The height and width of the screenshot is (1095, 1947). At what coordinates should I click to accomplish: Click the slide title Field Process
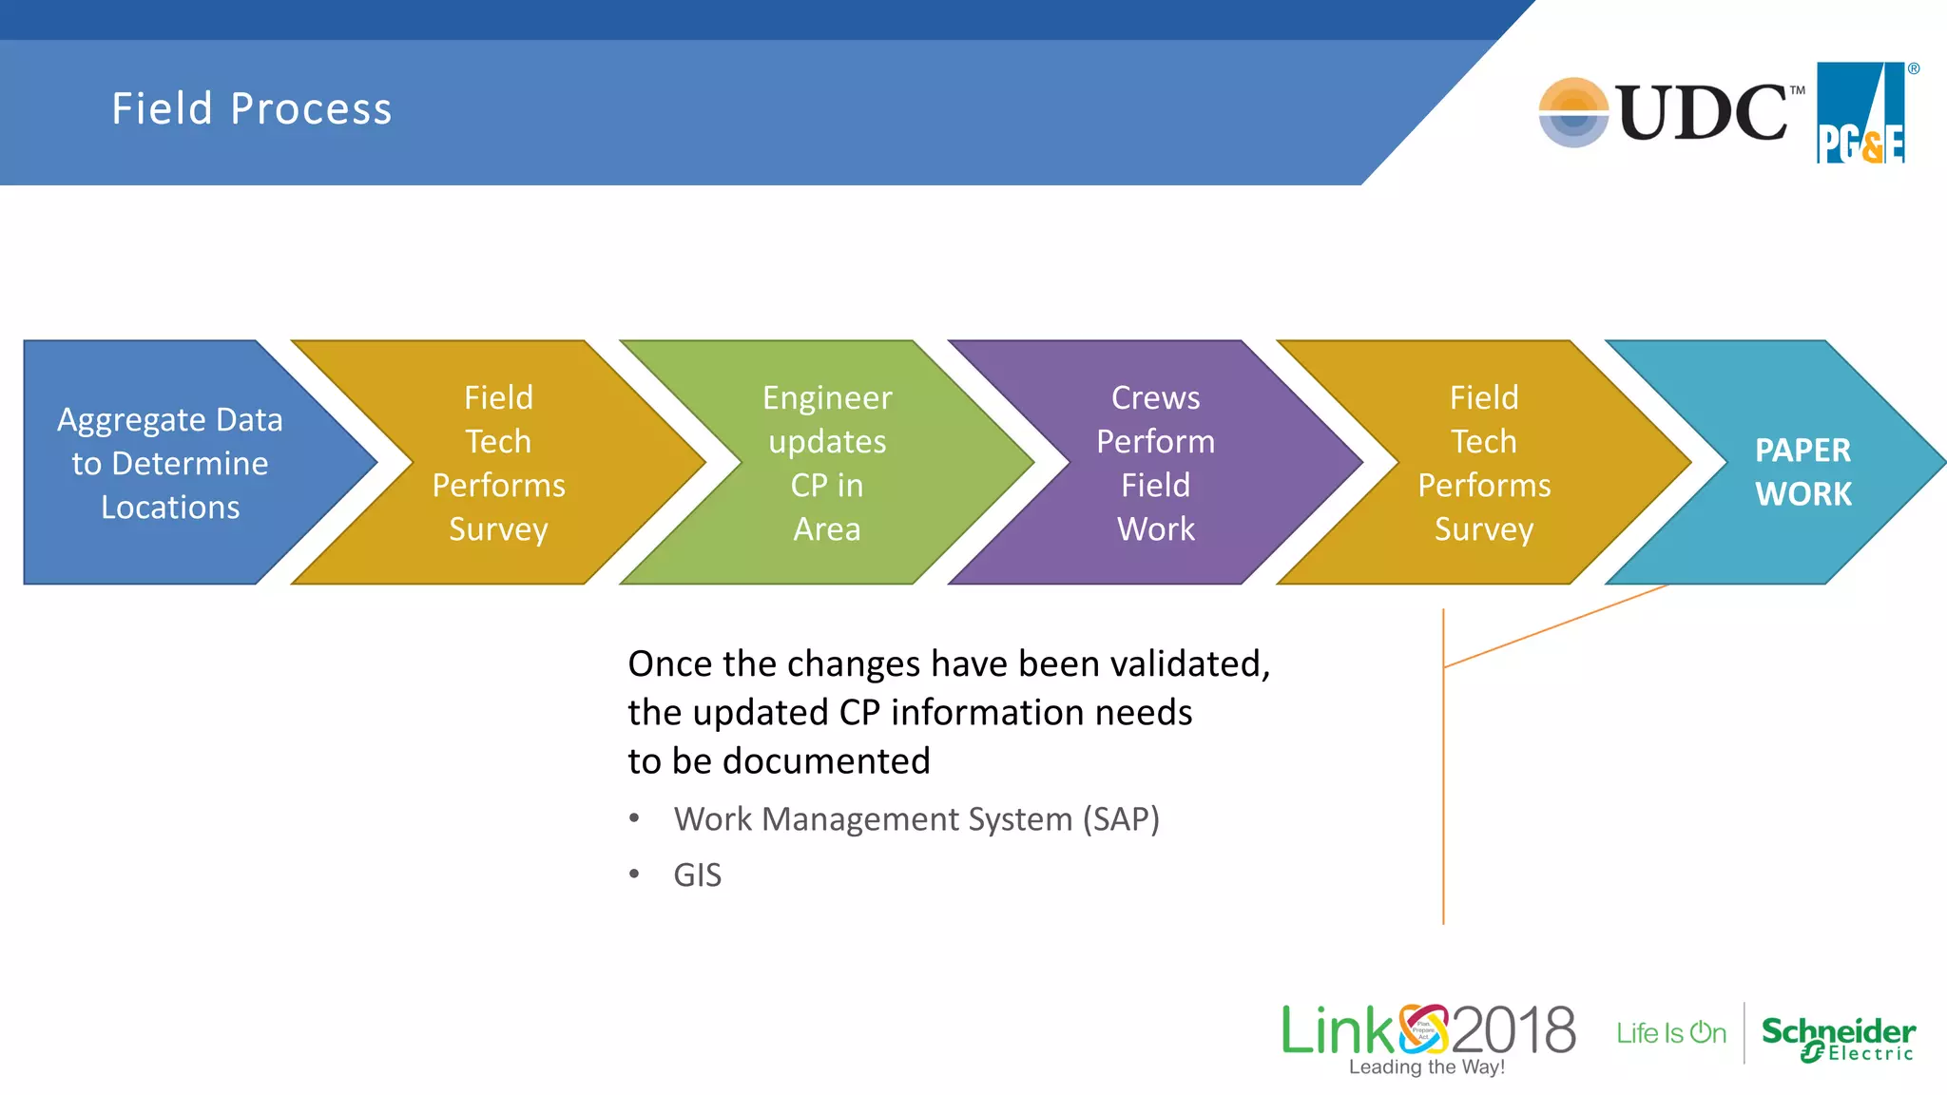click(x=251, y=108)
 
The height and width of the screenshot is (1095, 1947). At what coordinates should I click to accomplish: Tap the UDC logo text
click(x=1702, y=113)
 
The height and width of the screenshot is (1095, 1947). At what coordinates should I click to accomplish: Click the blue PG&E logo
click(x=1860, y=113)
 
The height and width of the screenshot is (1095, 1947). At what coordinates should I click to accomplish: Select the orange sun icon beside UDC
click(x=1573, y=112)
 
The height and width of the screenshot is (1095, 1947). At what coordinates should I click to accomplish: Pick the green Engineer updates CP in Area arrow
click(x=827, y=463)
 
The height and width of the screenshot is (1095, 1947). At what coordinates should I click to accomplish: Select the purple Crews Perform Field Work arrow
click(x=1155, y=463)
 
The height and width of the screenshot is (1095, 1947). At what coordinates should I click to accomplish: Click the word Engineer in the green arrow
click(x=827, y=397)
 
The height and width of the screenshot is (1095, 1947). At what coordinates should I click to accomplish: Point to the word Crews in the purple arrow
click(x=1155, y=397)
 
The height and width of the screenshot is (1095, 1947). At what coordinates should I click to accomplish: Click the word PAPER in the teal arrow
click(x=1802, y=450)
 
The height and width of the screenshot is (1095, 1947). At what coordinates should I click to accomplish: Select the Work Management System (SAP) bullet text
click(x=916, y=818)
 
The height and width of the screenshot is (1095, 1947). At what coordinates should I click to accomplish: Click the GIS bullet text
click(x=697, y=874)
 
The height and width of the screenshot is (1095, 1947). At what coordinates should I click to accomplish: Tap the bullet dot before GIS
click(x=634, y=874)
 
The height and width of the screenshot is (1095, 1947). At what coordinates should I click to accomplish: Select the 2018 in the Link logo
click(x=1513, y=1030)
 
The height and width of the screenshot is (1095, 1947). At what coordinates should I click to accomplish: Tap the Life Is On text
click(x=1670, y=1033)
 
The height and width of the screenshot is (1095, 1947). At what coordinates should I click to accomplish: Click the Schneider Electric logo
click(x=1838, y=1037)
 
